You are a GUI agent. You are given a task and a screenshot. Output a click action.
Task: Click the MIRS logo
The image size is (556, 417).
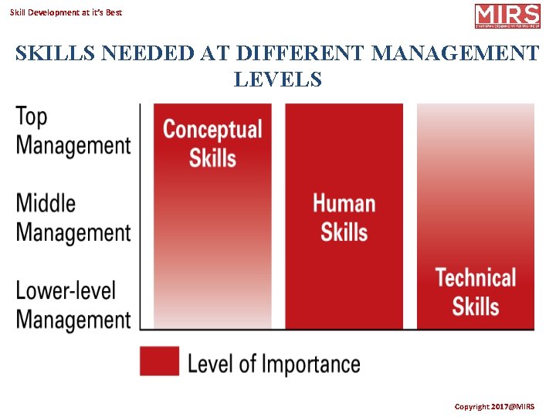(x=507, y=15)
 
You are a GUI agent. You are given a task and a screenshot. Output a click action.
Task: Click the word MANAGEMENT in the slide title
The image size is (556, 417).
(x=456, y=53)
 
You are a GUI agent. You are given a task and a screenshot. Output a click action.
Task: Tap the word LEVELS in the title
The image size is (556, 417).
(x=277, y=78)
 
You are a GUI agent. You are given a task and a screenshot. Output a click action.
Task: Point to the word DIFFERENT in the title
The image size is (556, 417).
(x=300, y=53)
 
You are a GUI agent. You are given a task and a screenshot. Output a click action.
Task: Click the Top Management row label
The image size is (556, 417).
(x=73, y=131)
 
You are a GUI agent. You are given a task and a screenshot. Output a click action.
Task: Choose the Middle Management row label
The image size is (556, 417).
(x=73, y=218)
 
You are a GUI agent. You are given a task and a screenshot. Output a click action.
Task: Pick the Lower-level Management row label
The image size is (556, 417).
(x=73, y=305)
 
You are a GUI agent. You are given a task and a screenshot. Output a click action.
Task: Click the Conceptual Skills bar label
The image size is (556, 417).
(x=212, y=143)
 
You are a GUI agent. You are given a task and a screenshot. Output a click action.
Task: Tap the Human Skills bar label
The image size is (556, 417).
(x=344, y=217)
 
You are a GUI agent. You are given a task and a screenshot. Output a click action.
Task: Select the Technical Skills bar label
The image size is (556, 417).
(x=476, y=291)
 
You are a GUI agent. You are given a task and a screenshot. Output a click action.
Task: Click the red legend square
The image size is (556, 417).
(x=159, y=361)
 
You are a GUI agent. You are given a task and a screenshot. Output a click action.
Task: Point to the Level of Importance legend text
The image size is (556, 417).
(x=274, y=363)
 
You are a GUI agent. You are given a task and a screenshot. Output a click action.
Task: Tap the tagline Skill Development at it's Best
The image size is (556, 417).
(x=66, y=12)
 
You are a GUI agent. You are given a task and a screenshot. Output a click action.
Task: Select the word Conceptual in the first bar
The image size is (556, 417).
(x=212, y=129)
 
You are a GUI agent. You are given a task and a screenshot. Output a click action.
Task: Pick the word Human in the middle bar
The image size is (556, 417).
(x=344, y=203)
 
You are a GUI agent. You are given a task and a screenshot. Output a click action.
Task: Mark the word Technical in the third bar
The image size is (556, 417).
(x=476, y=277)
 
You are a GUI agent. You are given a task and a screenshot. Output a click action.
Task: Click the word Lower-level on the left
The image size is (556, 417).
(x=66, y=291)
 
